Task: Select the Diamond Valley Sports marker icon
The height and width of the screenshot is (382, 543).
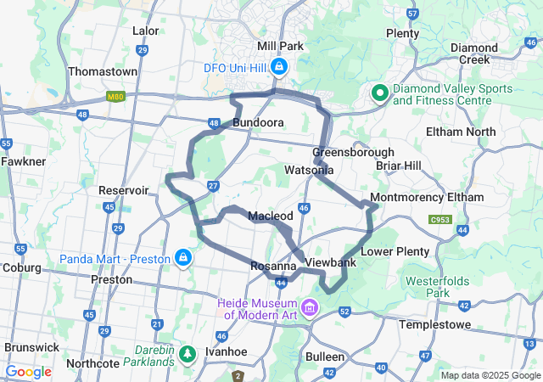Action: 378,93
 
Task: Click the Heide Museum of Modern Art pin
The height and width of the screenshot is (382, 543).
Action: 310,307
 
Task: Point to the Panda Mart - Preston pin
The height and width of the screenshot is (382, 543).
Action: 182,257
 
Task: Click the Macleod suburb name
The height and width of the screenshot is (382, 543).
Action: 271,216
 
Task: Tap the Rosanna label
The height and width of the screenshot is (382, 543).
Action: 273,267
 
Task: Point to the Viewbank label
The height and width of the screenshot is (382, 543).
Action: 331,263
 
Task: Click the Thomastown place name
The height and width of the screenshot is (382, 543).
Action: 102,72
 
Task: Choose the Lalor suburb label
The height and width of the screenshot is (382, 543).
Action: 146,31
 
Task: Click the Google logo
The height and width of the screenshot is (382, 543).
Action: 29,372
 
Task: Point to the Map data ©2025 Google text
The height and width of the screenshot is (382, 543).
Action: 490,375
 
